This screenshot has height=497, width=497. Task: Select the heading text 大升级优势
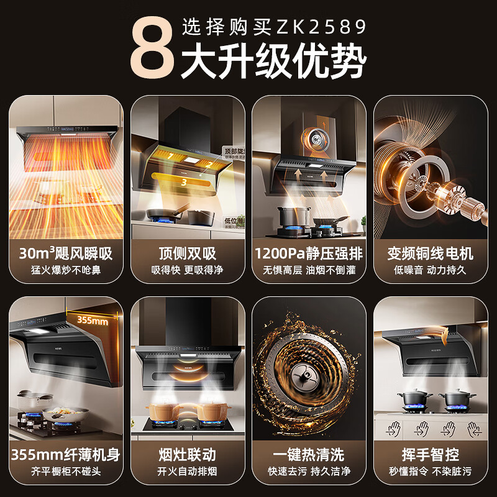tap(273, 62)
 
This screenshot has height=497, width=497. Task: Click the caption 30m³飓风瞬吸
tap(65, 253)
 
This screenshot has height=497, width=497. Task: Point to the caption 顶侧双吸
tap(187, 253)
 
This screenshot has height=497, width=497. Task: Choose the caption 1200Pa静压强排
tap(309, 253)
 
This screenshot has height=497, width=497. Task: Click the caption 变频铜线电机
tap(430, 253)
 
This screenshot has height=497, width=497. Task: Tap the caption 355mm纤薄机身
tap(65, 455)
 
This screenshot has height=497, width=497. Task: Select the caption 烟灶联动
tap(187, 455)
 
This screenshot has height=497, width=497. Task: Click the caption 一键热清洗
tap(309, 455)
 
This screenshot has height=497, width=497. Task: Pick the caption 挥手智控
tap(430, 455)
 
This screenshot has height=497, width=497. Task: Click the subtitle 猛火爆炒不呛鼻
tap(65, 270)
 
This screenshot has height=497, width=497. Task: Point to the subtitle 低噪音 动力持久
tap(430, 270)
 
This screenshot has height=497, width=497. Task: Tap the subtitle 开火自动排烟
tap(187, 472)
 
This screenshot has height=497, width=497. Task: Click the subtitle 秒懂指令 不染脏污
tap(430, 472)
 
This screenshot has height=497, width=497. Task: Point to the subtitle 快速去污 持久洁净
tap(309, 472)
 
